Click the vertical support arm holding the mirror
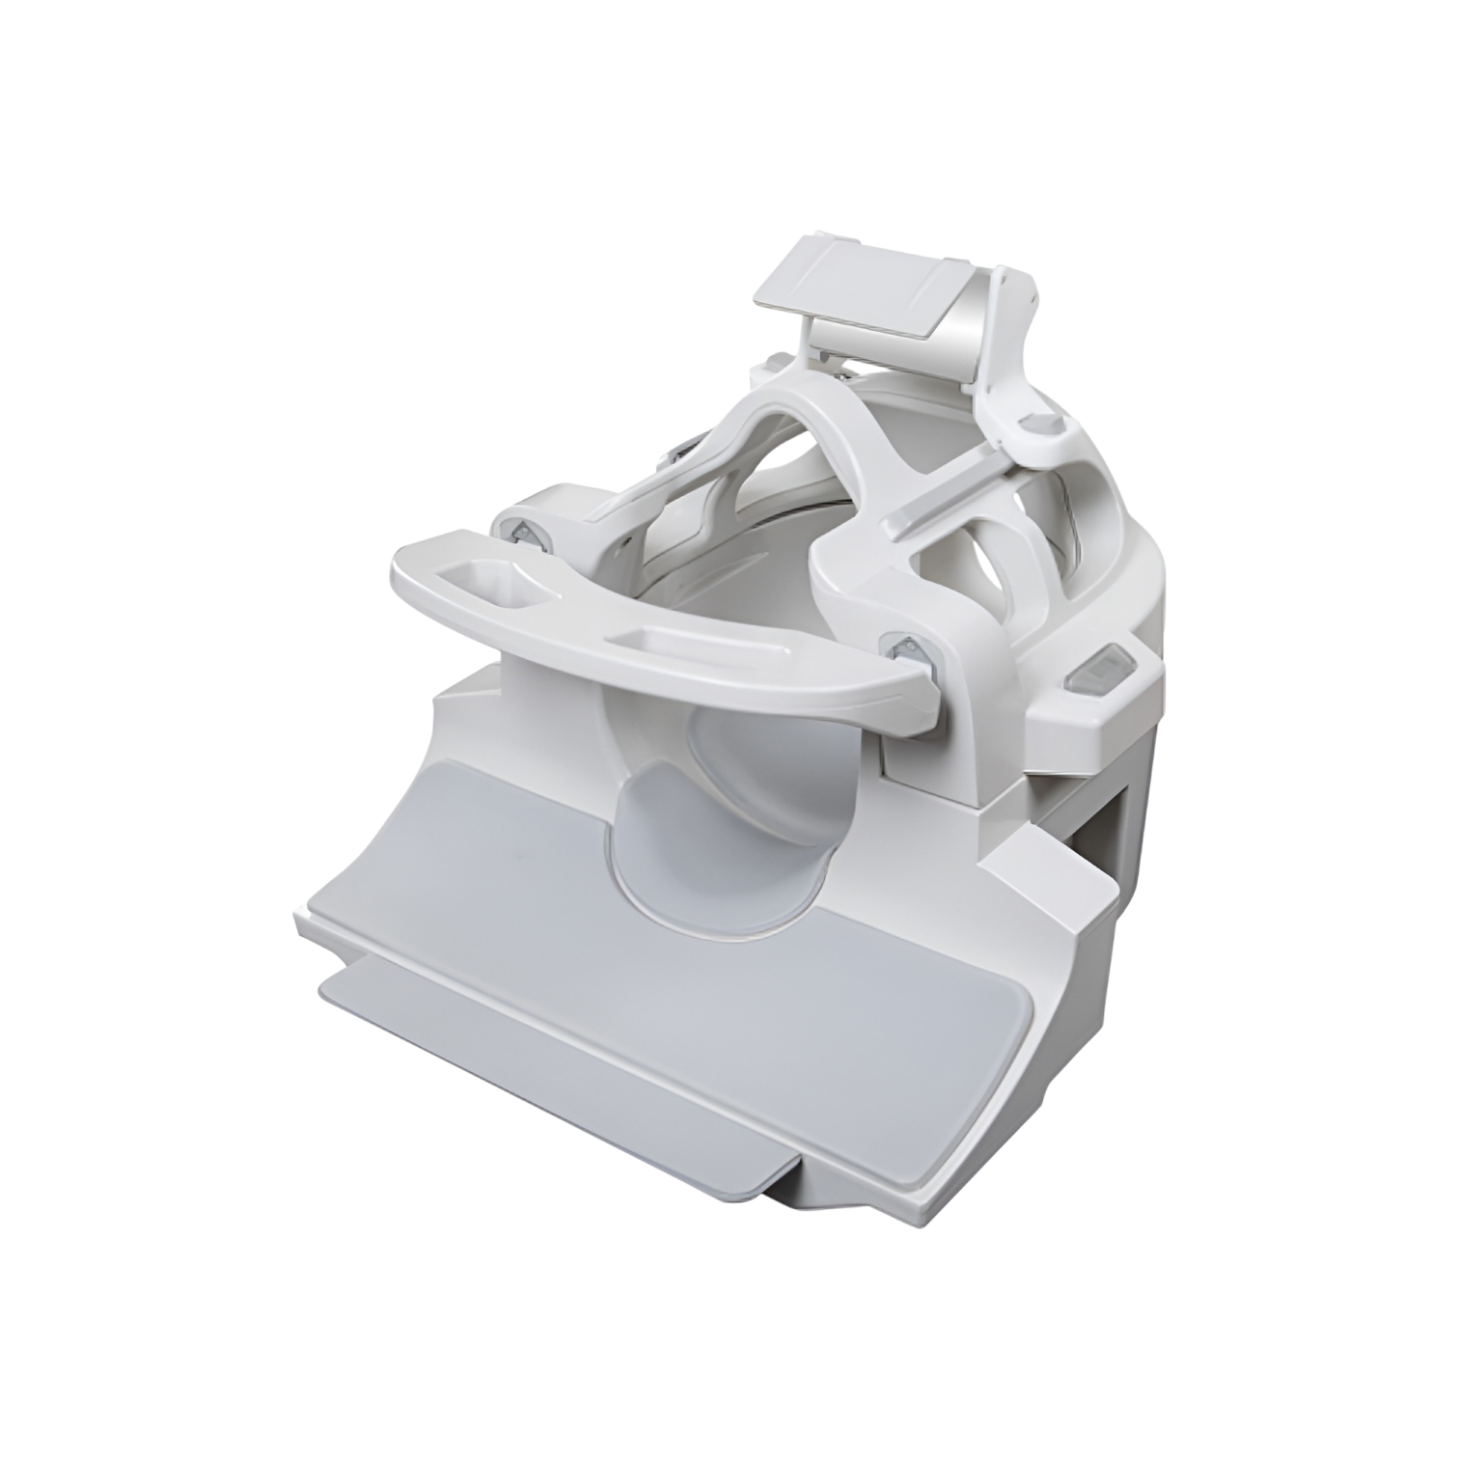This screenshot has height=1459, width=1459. tap(1004, 357)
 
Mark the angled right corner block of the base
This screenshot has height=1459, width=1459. tap(1052, 907)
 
